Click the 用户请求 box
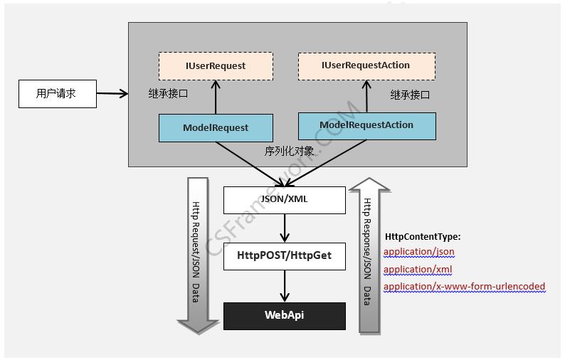coord(57,93)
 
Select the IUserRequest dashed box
coord(215,65)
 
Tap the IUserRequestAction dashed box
coord(366,65)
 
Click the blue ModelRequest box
coord(215,128)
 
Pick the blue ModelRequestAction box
coord(366,125)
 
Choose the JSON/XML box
coord(285,199)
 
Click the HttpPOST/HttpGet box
coord(285,255)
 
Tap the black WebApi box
coord(285,315)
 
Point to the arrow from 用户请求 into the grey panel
coord(112,93)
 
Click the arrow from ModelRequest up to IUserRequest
coord(215,97)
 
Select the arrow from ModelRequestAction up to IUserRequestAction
coord(367,95)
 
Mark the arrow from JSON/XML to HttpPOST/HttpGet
coord(285,228)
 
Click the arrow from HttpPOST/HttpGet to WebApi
coord(285,286)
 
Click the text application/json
coord(418,252)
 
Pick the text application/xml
coord(418,270)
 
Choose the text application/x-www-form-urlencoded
coord(464,287)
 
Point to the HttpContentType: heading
coord(423,236)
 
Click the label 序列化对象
coord(289,151)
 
